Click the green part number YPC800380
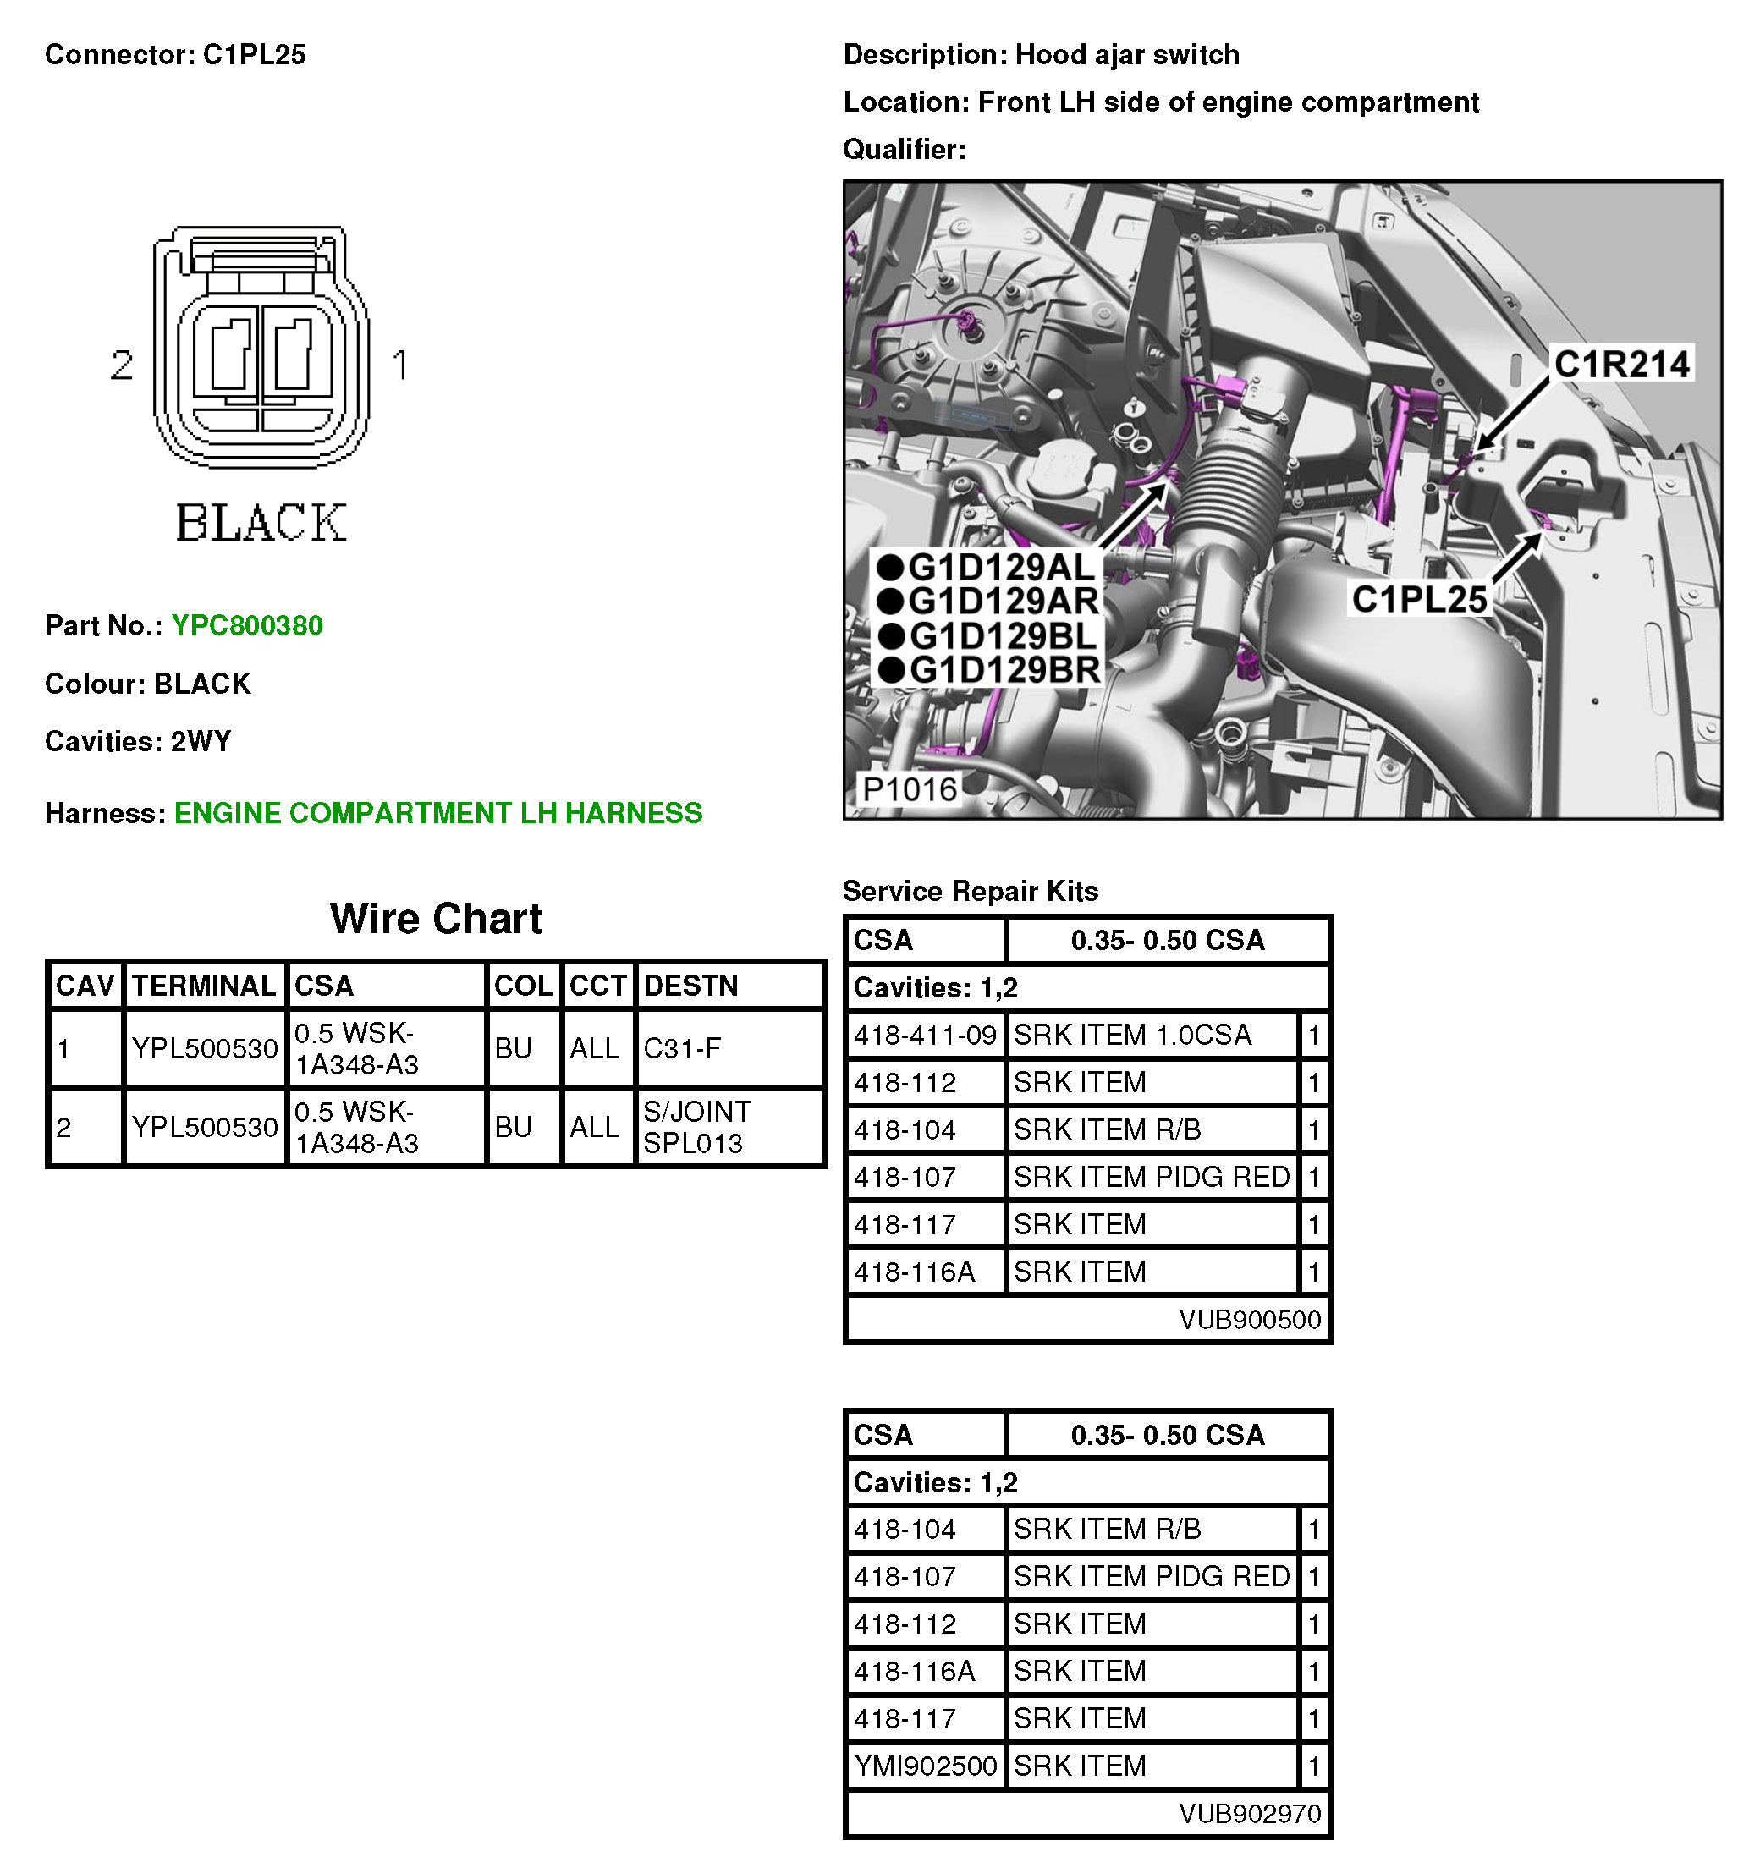pos(247,626)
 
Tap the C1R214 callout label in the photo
pos(1621,365)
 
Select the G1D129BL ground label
pos(1003,636)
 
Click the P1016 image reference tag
pos(909,789)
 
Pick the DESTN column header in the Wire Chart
pos(690,985)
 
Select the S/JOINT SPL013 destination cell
pos(696,1127)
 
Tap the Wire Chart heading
pos(435,918)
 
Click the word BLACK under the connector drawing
pos(261,523)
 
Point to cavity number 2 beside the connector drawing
pos(122,365)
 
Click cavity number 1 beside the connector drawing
pos(400,365)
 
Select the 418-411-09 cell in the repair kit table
pos(925,1036)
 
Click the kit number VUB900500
pos(1249,1319)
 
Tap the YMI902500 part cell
pos(925,1766)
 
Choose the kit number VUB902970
pos(1249,1814)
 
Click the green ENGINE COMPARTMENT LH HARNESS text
pos(438,813)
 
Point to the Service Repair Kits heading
pos(970,891)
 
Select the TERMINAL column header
pos(204,985)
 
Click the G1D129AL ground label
pos(1002,568)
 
